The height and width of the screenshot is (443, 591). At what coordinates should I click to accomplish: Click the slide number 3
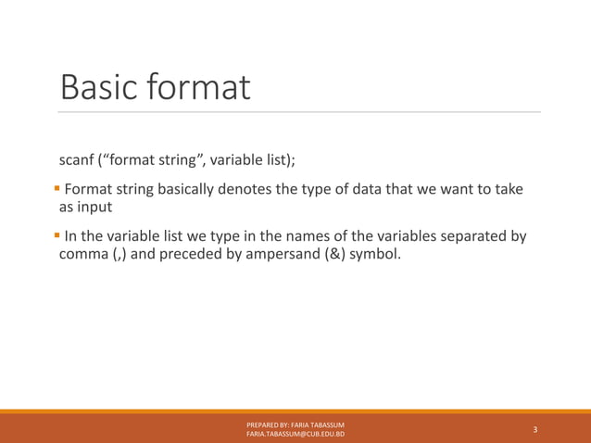coord(535,429)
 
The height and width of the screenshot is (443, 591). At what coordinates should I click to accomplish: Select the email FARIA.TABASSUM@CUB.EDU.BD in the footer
coord(295,434)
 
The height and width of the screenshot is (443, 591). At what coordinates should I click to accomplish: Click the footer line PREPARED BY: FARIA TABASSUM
coord(295,424)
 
